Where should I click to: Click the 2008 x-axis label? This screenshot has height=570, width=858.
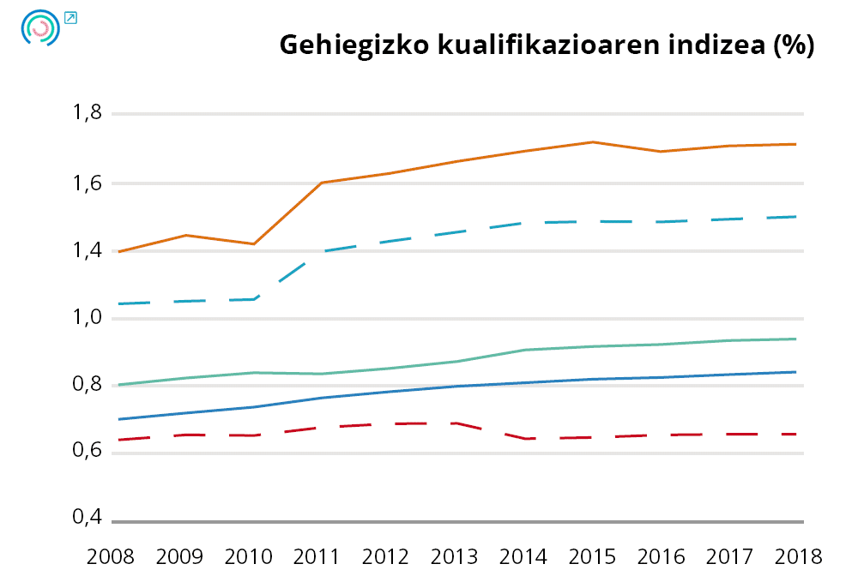tap(112, 555)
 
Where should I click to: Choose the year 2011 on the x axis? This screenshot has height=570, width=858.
tap(317, 555)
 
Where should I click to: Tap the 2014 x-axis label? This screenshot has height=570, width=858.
tap(524, 555)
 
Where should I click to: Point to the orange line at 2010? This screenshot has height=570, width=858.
tap(254, 244)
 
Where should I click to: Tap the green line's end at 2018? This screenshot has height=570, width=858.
tap(796, 339)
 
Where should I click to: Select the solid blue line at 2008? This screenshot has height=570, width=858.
tap(118, 419)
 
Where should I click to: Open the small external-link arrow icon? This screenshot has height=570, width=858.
tap(70, 17)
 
